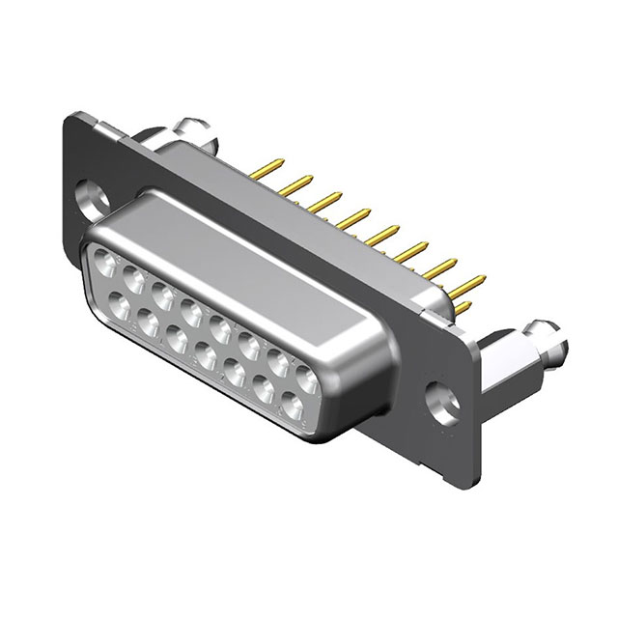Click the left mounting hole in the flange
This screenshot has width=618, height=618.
(94, 196)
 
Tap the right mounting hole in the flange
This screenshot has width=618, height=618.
(444, 397)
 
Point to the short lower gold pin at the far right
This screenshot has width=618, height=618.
(464, 308)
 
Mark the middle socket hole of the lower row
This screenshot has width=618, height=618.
(204, 358)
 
